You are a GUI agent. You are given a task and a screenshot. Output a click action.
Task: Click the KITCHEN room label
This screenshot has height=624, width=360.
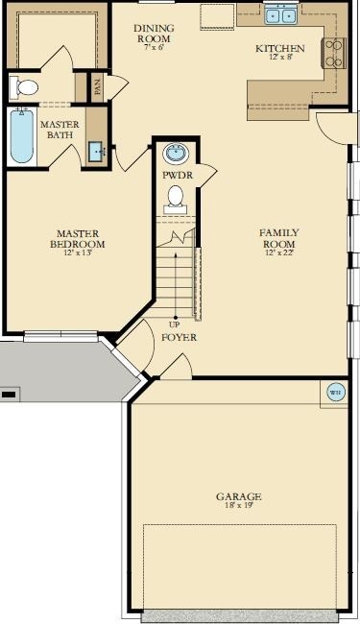tap(280, 48)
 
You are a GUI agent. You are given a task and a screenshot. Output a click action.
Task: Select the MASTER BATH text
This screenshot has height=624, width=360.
tap(59, 129)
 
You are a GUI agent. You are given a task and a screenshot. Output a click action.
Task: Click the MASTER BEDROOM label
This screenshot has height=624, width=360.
tap(78, 238)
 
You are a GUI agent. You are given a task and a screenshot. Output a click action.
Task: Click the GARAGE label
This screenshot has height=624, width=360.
tap(239, 496)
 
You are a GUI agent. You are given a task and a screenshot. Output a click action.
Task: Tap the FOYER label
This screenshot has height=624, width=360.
tap(179, 338)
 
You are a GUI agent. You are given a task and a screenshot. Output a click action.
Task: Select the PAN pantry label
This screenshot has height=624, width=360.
tap(98, 86)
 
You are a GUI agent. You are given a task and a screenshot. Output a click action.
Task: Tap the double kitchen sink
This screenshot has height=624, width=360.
tap(280, 13)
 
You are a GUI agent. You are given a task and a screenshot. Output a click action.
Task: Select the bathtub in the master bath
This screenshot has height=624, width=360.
tap(21, 135)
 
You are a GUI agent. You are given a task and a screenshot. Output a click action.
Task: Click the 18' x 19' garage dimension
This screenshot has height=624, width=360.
tap(239, 506)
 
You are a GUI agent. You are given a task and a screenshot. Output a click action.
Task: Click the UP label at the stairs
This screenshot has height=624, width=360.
tap(175, 324)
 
